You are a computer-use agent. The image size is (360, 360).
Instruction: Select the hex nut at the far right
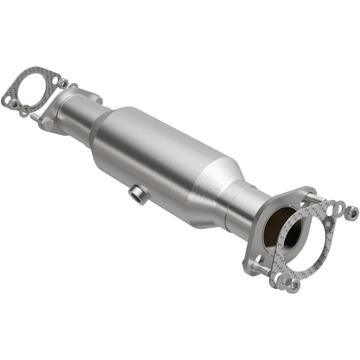pyautogui.click(x=352, y=213)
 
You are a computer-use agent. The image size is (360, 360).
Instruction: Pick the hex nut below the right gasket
pyautogui.click(x=292, y=286)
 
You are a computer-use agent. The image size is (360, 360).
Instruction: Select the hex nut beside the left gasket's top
pyautogui.click(x=64, y=83)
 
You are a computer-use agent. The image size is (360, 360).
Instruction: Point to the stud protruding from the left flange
pyautogui.click(x=35, y=116)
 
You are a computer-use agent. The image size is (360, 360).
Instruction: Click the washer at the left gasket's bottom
pyautogui.click(x=25, y=111)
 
